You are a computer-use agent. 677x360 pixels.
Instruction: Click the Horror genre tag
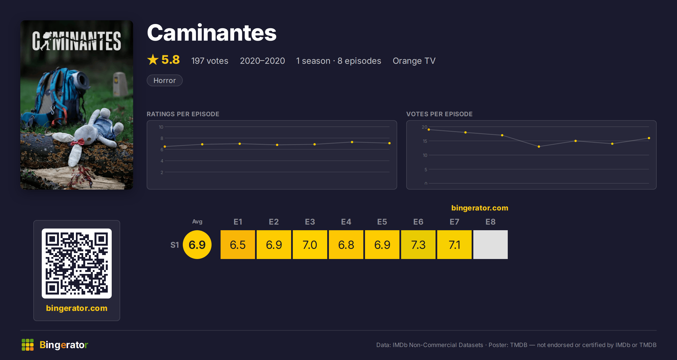(164, 80)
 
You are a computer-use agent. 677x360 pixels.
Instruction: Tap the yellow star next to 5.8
(153, 60)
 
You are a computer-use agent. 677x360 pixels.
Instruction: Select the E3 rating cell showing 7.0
(310, 245)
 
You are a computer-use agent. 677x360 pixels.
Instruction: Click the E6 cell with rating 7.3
(418, 245)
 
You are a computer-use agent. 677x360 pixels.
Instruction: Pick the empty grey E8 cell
(490, 245)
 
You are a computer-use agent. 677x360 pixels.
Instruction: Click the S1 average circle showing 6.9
(197, 245)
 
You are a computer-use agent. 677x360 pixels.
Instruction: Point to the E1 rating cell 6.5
(238, 245)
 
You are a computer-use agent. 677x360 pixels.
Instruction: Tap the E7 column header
(454, 222)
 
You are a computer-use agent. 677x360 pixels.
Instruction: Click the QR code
(77, 264)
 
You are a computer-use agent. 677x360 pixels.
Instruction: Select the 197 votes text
(210, 61)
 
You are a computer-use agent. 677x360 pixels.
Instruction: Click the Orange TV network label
(414, 61)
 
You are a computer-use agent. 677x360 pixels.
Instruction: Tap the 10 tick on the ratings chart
(161, 127)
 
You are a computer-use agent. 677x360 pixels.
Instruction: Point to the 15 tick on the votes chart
(425, 141)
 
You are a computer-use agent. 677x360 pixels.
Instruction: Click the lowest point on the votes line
(539, 147)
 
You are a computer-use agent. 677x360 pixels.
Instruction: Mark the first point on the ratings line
(165, 147)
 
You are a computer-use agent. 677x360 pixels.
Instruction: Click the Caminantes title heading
(212, 33)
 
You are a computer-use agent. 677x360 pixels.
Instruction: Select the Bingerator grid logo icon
(28, 345)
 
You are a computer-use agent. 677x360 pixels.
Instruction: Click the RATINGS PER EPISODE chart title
(183, 114)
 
